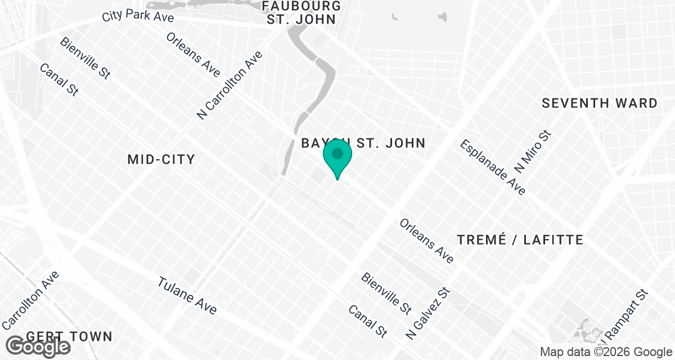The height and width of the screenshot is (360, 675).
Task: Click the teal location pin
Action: [337, 158]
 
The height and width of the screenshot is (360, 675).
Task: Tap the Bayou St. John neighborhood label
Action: [363, 143]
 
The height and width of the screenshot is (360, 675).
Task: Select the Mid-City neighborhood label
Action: [161, 159]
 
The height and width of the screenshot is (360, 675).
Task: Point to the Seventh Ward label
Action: [600, 103]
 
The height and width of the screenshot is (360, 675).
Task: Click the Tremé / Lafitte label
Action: [520, 240]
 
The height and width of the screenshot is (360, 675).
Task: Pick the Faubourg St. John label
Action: [302, 12]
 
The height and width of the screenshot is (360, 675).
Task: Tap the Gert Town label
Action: [69, 336]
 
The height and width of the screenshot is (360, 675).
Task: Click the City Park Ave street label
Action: [138, 16]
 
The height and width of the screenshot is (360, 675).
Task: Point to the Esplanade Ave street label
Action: [493, 167]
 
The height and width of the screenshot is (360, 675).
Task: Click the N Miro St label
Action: [534, 151]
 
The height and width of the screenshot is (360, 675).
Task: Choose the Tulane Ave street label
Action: [187, 295]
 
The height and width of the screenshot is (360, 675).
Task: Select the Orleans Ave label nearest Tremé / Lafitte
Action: [426, 241]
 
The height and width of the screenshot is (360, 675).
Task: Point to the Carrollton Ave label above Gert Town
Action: [31, 300]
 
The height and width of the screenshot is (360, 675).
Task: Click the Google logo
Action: [39, 346]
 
